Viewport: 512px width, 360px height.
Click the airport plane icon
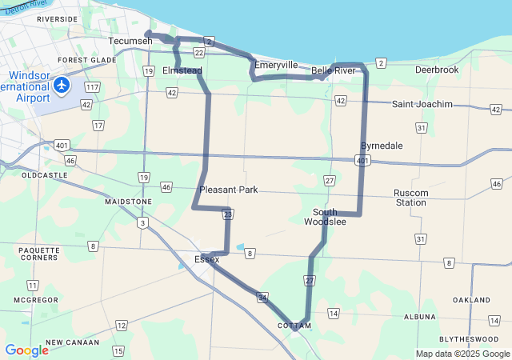tap(62, 84)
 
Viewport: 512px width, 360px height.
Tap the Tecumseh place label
tap(130, 41)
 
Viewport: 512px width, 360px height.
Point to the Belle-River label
tap(334, 70)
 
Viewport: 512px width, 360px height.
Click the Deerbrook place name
tap(437, 70)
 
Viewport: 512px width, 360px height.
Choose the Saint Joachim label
tap(422, 104)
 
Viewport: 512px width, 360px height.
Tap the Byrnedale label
tap(382, 146)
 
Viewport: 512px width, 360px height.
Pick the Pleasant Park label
tap(228, 190)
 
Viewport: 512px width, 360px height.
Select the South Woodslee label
tap(325, 217)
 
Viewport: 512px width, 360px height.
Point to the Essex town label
tap(207, 259)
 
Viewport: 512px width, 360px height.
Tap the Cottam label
tap(293, 326)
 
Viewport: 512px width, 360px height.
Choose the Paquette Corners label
tap(38, 254)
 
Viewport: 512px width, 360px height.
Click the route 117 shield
tap(93, 86)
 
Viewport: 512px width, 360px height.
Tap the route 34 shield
tap(262, 298)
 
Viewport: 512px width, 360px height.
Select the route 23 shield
tap(228, 214)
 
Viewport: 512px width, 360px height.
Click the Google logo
tap(26, 350)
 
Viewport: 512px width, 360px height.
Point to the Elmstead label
tap(182, 70)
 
